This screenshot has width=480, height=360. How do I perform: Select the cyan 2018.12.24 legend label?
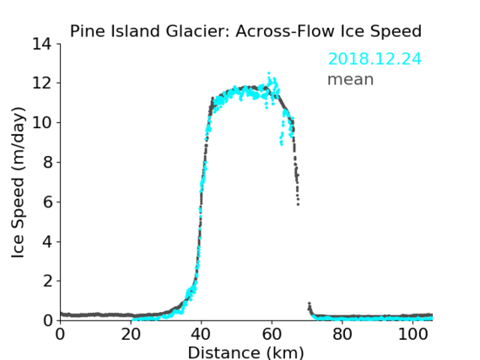[x=375, y=59]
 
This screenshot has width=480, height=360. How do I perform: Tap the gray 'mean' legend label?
[x=351, y=79]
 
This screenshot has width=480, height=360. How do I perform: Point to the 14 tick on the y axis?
[x=42, y=44]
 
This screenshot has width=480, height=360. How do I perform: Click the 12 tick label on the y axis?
[x=42, y=83]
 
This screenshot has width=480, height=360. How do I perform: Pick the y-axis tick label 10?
[x=42, y=122]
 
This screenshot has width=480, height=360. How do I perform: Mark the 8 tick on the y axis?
[x=47, y=162]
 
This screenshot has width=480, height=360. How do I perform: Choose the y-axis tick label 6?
[x=47, y=201]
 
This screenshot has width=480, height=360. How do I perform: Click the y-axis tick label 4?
[x=47, y=241]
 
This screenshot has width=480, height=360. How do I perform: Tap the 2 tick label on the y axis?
[x=47, y=281]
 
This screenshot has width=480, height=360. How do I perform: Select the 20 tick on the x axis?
[x=131, y=334]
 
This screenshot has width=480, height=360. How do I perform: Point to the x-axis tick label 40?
[x=201, y=334]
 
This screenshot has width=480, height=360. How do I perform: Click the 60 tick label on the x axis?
[x=272, y=334]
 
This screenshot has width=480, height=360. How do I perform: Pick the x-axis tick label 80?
[x=342, y=334]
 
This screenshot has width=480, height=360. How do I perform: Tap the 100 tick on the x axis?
[x=413, y=334]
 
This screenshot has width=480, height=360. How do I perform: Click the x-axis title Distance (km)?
[x=245, y=352]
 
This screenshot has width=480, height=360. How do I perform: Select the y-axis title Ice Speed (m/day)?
[x=18, y=182]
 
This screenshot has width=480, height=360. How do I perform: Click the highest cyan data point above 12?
[x=269, y=73]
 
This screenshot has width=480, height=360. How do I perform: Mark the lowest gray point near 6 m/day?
[x=298, y=204]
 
